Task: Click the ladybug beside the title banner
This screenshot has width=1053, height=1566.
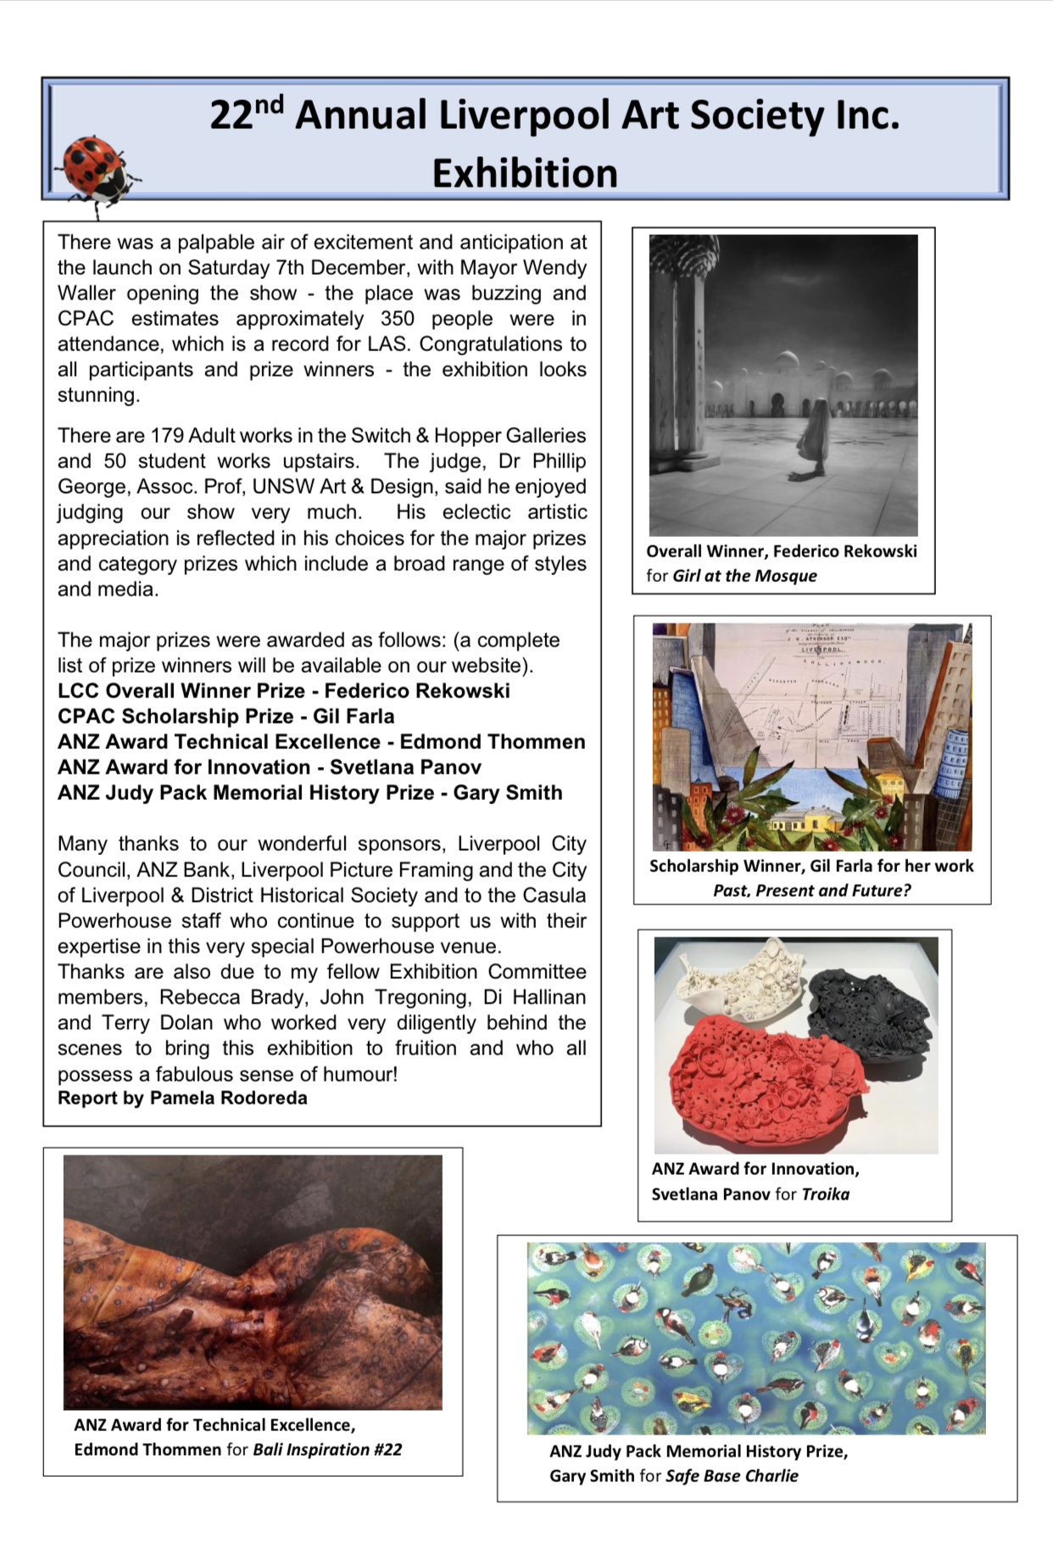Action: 95,170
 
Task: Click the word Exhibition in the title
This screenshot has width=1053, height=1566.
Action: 525,174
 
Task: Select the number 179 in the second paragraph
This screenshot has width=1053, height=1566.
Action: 167,436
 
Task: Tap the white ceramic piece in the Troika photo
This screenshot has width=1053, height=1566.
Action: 738,976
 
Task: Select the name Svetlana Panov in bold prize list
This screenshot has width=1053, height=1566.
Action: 405,768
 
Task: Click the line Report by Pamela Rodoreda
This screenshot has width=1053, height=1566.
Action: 182,1099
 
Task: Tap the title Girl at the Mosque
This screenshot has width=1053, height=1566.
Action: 744,576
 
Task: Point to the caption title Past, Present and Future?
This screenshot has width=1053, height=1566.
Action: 811,891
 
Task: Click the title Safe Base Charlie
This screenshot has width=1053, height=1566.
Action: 732,1476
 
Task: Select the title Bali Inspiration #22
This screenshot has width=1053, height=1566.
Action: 327,1450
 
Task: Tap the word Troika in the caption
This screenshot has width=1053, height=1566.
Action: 825,1194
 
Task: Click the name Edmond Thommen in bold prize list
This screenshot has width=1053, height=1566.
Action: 493,742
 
